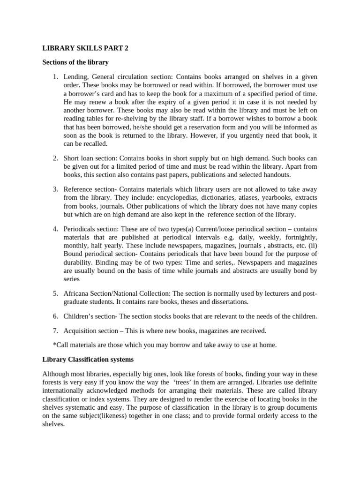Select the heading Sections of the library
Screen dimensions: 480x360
[x=75, y=62]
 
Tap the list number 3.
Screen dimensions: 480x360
[x=55, y=189]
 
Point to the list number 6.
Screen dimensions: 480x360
[x=55, y=316]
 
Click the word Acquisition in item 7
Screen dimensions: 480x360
[x=80, y=330]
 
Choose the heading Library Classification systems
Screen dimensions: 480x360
[x=88, y=360]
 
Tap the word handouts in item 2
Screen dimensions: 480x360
[x=277, y=175]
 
